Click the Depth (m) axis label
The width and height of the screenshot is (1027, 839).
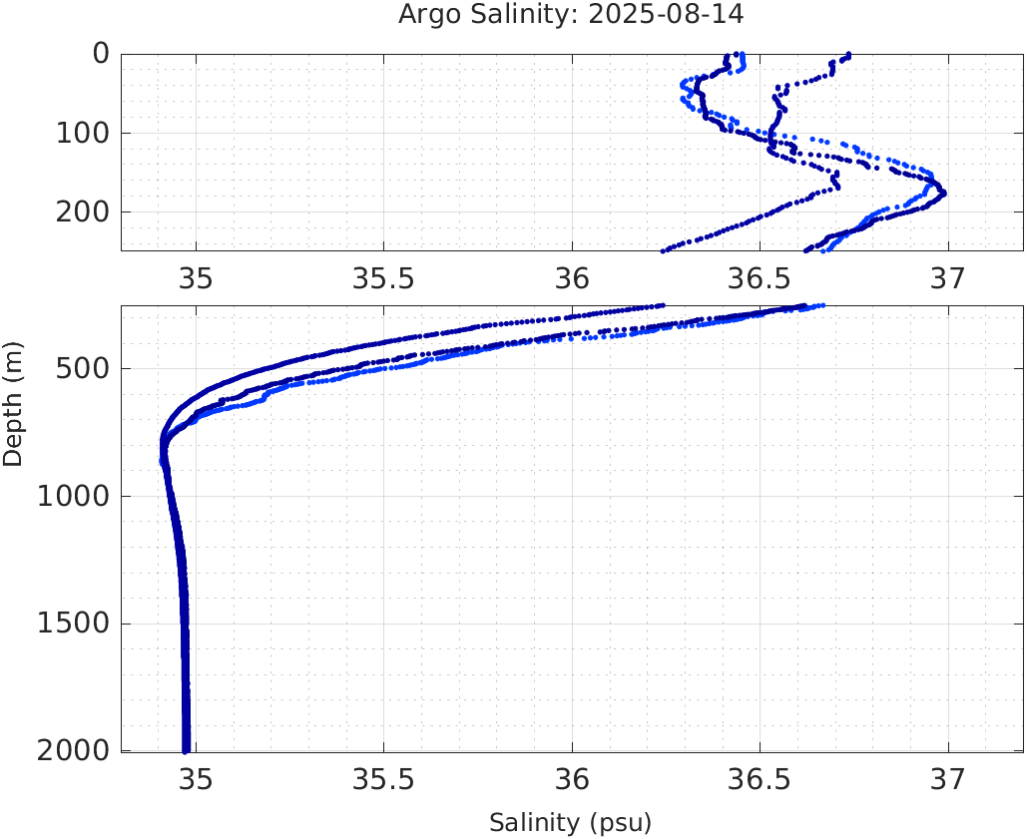(x=13, y=403)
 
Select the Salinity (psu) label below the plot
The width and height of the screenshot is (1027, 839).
(x=570, y=823)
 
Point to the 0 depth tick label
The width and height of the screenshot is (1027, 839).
(x=101, y=53)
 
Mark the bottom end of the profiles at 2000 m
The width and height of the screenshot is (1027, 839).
(x=186, y=749)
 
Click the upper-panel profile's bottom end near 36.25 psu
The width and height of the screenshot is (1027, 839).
(x=664, y=249)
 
